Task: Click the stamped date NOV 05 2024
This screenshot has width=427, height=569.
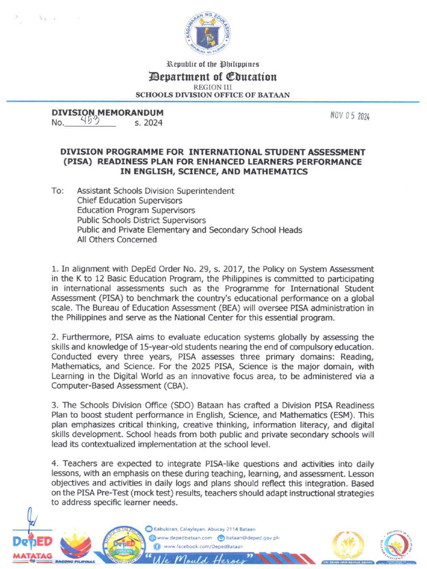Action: (350, 116)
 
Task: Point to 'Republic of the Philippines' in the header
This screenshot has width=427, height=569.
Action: (213, 65)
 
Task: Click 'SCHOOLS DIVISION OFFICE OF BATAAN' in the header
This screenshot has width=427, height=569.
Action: (213, 95)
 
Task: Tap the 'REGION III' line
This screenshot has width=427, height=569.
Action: (213, 87)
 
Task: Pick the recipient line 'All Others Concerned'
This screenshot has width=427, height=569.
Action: (117, 240)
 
